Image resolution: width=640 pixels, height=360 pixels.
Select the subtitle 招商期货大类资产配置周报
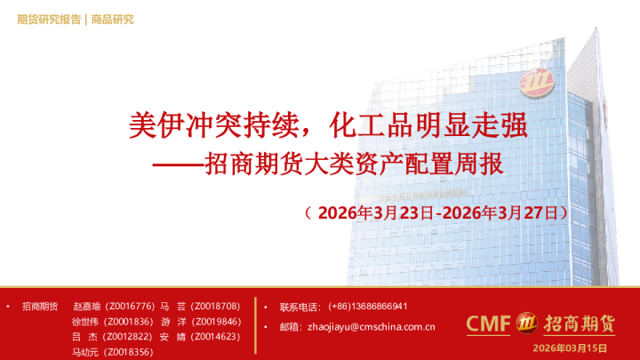tap(354, 164)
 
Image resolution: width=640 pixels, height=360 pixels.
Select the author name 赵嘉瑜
tap(87, 306)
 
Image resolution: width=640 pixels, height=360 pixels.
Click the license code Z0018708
tap(215, 306)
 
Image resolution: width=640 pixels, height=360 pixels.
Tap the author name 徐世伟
tap(87, 321)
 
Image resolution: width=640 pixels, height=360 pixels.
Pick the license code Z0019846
tap(216, 321)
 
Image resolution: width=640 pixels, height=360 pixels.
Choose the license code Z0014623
tap(216, 336)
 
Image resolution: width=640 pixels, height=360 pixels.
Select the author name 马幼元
tap(87, 352)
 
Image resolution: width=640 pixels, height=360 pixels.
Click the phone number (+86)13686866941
tap(368, 306)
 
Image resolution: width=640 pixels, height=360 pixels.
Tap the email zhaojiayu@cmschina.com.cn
tap(370, 327)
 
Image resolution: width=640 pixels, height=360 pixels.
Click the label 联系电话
tap(300, 306)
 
